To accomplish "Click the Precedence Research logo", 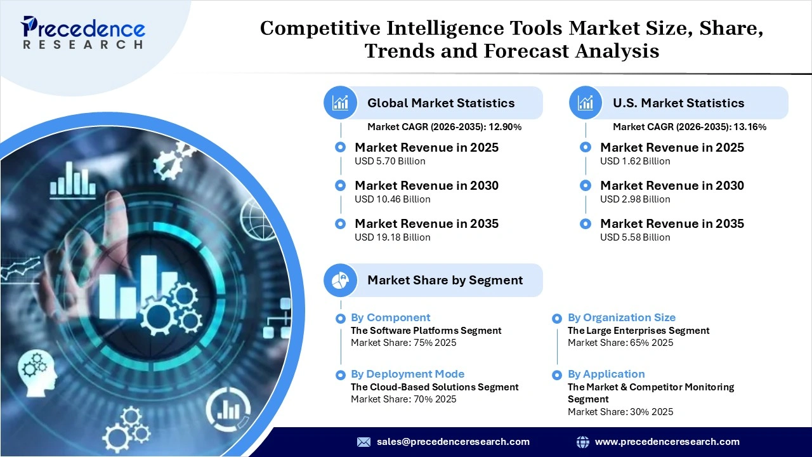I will pyautogui.click(x=83, y=32).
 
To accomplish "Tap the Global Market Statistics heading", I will pyautogui.click(x=441, y=103).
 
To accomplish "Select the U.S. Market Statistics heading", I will pyautogui.click(x=678, y=103).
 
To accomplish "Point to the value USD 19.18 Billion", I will pyautogui.click(x=392, y=237).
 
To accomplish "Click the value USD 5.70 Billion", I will pyautogui.click(x=390, y=161).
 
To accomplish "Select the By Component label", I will pyautogui.click(x=390, y=317).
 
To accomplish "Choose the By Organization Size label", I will pyautogui.click(x=621, y=317).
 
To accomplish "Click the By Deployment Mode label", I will pyautogui.click(x=407, y=374).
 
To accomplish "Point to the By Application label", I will pyautogui.click(x=606, y=374).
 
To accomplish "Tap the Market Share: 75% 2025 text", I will pyautogui.click(x=403, y=343).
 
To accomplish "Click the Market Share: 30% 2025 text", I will pyautogui.click(x=620, y=412).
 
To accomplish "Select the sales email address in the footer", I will pyautogui.click(x=453, y=442).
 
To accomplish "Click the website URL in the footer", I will pyautogui.click(x=667, y=442).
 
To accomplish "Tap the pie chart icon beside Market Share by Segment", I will pyautogui.click(x=341, y=280).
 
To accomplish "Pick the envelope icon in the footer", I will pyautogui.click(x=363, y=442).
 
